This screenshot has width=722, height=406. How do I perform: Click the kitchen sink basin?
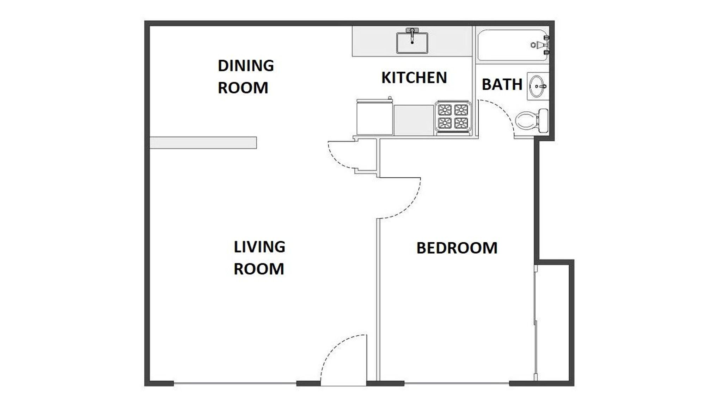(x=412, y=44)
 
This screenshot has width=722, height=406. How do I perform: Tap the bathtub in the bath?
(x=508, y=45)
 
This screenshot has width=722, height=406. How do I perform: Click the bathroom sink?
(x=537, y=86)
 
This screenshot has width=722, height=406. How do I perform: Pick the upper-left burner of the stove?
(x=445, y=110)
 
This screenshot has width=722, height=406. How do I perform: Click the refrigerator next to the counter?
(x=374, y=117)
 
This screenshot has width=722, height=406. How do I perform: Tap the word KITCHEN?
(x=414, y=78)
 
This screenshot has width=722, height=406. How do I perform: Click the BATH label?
(x=502, y=85)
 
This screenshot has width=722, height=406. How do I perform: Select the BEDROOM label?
(x=457, y=248)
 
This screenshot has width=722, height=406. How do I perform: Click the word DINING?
(x=246, y=66)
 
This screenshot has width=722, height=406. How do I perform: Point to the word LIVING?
(x=259, y=247)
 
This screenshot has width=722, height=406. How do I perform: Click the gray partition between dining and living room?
(x=203, y=143)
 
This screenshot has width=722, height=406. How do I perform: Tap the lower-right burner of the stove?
(x=461, y=123)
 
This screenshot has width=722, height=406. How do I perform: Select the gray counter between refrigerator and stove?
(x=414, y=120)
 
